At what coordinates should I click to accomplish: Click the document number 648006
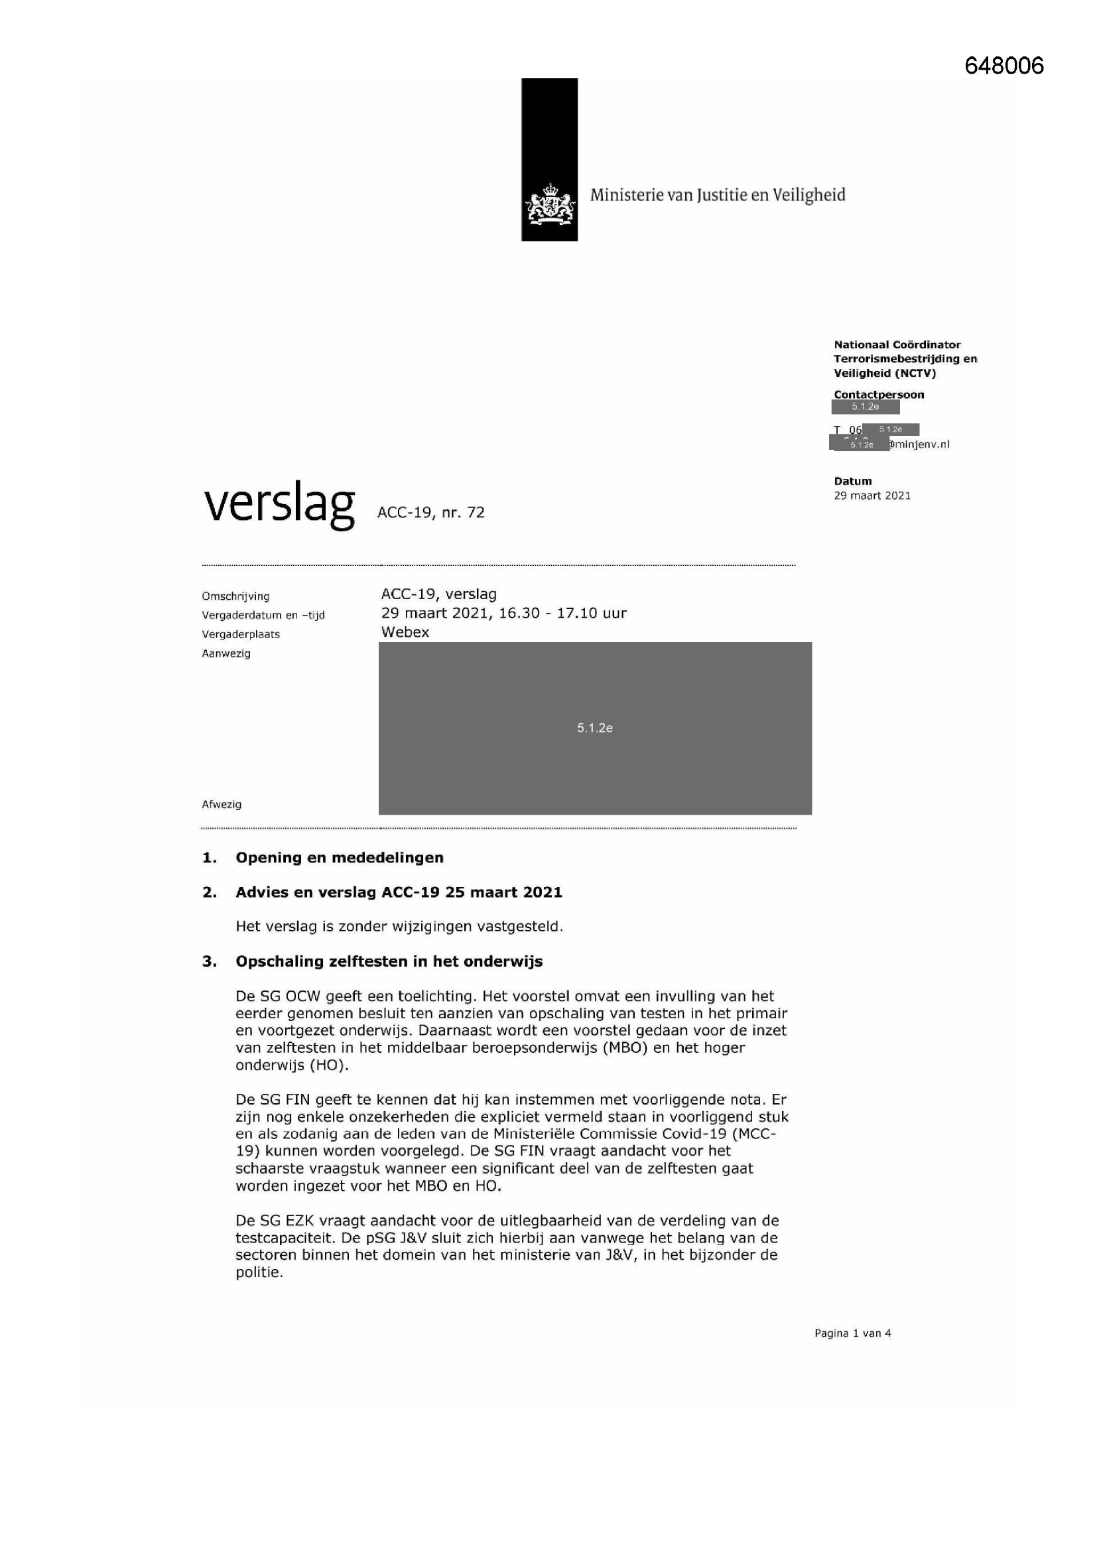[x=1003, y=66]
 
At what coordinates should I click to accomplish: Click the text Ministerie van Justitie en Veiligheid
[x=718, y=195]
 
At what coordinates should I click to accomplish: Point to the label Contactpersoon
[x=878, y=395]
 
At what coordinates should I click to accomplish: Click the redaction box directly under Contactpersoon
[x=866, y=407]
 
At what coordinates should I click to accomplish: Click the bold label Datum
[x=852, y=481]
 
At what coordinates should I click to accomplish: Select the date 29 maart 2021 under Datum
[x=872, y=496]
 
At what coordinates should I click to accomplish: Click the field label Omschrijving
[x=235, y=596]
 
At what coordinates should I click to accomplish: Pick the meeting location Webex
[x=405, y=632]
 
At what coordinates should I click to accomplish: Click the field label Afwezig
[x=222, y=805]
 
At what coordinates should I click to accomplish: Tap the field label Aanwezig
[x=226, y=653]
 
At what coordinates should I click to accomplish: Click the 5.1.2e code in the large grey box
[x=594, y=728]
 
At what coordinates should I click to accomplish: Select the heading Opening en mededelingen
[x=339, y=858]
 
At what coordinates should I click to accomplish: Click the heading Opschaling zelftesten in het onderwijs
[x=389, y=961]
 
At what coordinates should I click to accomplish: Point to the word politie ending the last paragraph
[x=257, y=1272]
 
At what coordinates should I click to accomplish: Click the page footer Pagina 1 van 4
[x=852, y=1333]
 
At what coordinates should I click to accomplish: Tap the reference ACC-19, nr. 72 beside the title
[x=431, y=513]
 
